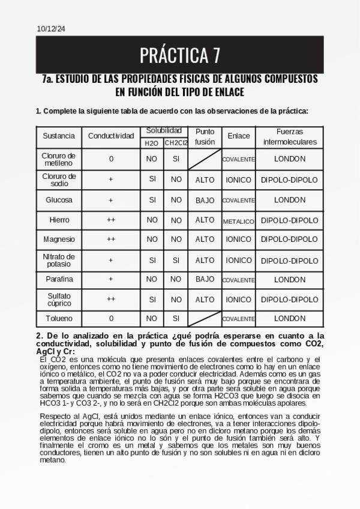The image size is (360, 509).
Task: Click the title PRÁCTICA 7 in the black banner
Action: click(180, 55)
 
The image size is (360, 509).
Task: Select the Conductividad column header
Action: click(111, 136)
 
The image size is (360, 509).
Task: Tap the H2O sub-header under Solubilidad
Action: click(152, 143)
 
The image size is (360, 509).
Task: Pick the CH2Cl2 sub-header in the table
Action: click(176, 143)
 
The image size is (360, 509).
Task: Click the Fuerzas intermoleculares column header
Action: click(290, 136)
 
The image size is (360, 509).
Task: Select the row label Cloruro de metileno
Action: click(58, 159)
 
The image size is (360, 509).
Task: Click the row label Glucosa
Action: click(58, 200)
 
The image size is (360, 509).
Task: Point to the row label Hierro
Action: click(58, 220)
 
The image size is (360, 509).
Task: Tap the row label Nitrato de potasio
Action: click(58, 260)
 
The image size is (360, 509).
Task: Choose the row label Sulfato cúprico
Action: click(58, 300)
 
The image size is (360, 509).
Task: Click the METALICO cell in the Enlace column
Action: click(239, 221)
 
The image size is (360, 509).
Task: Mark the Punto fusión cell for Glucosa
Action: click(205, 200)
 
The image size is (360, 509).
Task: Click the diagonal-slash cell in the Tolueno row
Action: click(205, 318)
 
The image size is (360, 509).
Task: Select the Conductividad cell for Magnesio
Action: click(111, 239)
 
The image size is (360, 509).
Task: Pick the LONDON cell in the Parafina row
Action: click(290, 280)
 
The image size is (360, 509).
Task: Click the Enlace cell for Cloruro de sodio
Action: click(239, 179)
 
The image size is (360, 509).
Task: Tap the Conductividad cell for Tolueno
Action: click(111, 318)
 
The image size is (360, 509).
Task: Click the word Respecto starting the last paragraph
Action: click(55, 416)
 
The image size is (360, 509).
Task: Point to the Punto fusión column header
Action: click(205, 136)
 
